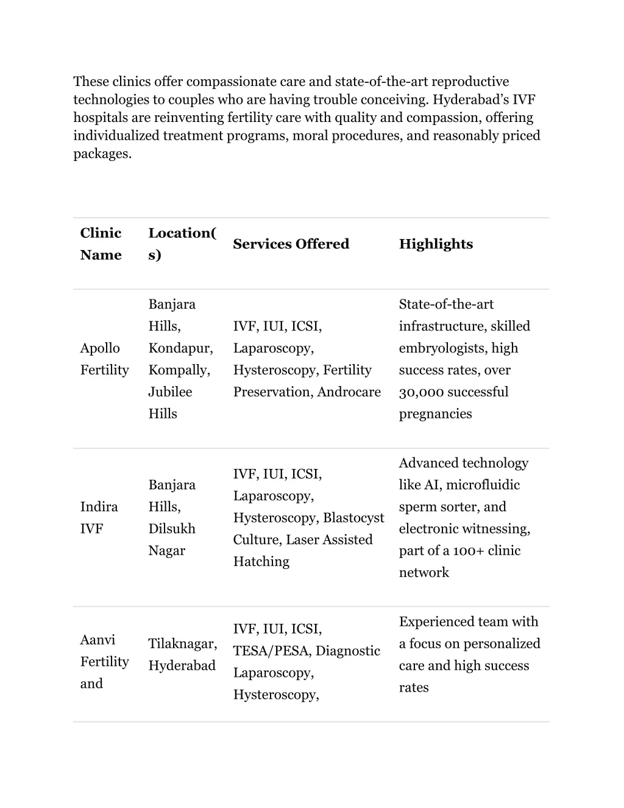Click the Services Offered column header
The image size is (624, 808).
[x=291, y=244]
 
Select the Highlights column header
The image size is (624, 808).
[x=436, y=244]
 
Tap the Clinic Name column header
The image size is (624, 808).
[x=101, y=244]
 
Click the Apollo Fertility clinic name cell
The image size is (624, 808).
[x=104, y=359]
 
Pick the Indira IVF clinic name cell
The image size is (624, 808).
[x=99, y=518]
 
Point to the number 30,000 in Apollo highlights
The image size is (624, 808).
[x=420, y=392]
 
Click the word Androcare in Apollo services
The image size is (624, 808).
[x=349, y=392]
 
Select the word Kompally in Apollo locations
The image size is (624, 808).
[x=179, y=370]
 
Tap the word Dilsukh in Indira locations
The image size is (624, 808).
[x=172, y=529]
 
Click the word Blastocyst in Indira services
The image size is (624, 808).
[x=353, y=518]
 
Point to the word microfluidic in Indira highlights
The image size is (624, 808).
[x=483, y=485]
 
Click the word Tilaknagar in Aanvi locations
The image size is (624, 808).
[x=182, y=644]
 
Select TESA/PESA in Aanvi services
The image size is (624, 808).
[x=272, y=651]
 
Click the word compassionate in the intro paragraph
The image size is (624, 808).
[x=232, y=82]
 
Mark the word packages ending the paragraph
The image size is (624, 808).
[x=102, y=154]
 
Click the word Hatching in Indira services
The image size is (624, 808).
[x=261, y=562]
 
